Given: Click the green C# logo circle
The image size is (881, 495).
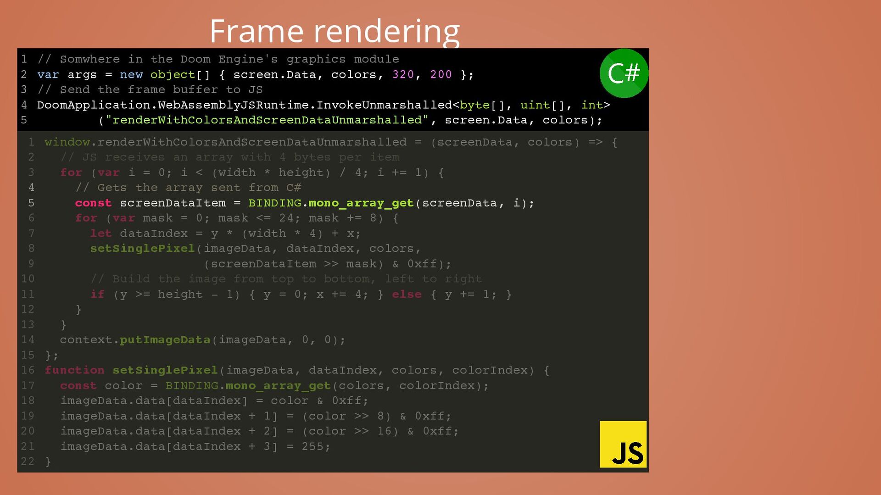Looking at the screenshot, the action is pos(624,73).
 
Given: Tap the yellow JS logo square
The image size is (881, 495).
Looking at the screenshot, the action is pos(623,444).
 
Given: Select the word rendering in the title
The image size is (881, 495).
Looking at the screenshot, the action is pos(386,32).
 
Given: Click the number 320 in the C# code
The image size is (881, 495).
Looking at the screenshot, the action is pos(403,74).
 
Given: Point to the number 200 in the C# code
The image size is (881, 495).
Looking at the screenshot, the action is pos(440,74).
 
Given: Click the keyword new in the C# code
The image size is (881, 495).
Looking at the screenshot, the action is pos(131,74).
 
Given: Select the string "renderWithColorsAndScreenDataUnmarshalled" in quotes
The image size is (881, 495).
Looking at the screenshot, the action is pos(267,120).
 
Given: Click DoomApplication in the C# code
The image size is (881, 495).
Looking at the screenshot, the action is pos(94,105).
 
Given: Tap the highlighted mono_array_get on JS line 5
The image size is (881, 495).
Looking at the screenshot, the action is pos(361,203).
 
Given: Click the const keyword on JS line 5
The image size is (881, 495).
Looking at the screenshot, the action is pos(93,203).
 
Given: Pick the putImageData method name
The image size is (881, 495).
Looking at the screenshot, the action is pos(165,340).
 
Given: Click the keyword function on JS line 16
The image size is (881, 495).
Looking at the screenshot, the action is pos(74,370).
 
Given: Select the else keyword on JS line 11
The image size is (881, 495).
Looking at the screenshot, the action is pos(407,294).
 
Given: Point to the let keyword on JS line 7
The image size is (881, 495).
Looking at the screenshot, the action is pos(100,233).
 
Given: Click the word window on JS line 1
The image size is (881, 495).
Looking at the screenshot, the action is pos(67,142).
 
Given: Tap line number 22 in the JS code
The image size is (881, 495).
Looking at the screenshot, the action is pos(28,462).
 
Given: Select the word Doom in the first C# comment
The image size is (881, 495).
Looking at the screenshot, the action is pos(195,59).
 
